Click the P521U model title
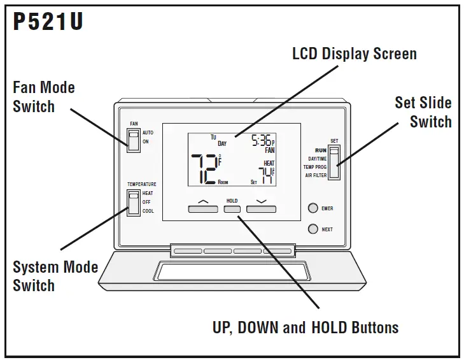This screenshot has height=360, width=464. pos(48,23)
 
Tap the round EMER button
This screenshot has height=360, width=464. pos(313,208)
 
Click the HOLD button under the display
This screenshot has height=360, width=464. pos(232,208)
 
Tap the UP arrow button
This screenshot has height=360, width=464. pos(203,208)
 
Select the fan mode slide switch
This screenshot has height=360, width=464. pos(133,140)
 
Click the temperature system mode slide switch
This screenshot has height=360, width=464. pos(133,203)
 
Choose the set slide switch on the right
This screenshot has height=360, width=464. pos(334,162)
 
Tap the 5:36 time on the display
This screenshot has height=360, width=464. pos(261,141)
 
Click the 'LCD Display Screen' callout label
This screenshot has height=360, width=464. pos(354,54)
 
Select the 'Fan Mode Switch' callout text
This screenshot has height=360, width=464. pos(43,97)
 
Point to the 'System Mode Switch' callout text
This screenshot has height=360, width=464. pos(55,276)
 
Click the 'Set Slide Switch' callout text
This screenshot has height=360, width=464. pos(423,112)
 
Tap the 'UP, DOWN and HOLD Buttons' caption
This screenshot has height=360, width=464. pos(305,328)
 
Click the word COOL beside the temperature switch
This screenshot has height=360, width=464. pos(148,211)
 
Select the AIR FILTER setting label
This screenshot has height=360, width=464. pos(316,175)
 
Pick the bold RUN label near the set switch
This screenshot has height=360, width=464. pos(320,150)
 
